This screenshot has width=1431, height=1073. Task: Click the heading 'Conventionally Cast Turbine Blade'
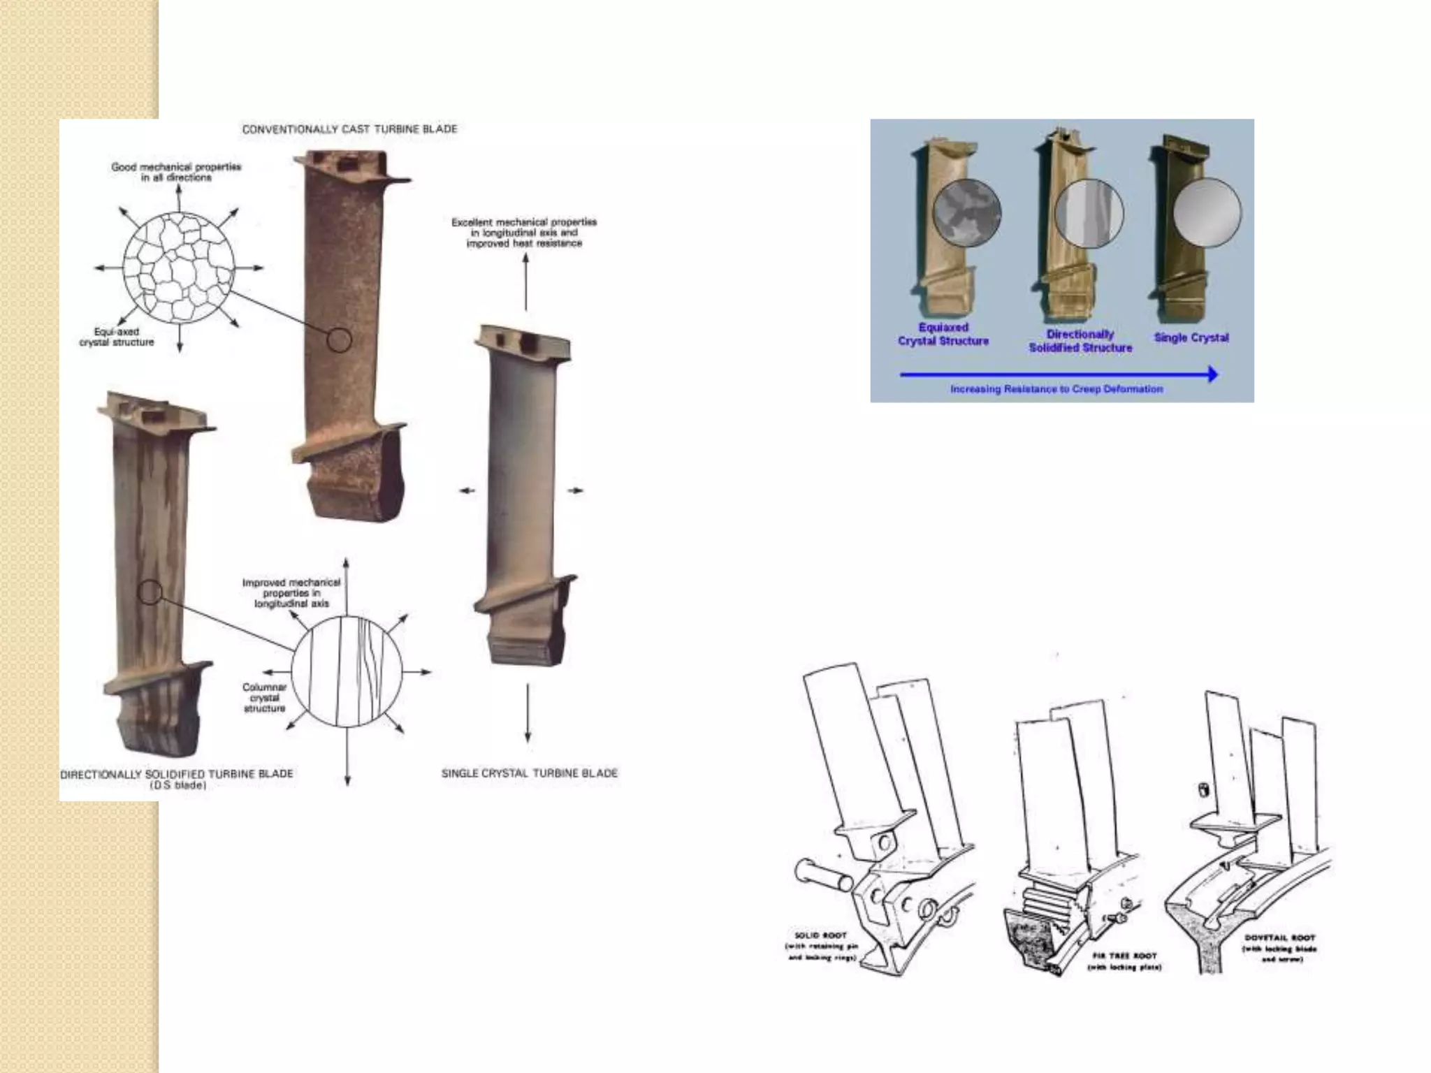tap(349, 129)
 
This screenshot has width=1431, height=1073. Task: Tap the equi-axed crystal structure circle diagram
tap(179, 268)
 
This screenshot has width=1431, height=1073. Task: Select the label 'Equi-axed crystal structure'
tap(117, 337)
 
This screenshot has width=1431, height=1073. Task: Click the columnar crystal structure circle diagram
tap(347, 672)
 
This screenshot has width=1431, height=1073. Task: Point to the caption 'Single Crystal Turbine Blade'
tap(529, 773)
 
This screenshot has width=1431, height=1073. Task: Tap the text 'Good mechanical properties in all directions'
tap(176, 172)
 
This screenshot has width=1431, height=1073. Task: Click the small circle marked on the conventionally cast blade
tap(340, 340)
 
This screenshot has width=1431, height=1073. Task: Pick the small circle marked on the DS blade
tap(150, 592)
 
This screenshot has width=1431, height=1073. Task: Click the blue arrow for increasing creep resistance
tap(1059, 374)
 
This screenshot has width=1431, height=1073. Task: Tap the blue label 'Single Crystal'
tap(1191, 337)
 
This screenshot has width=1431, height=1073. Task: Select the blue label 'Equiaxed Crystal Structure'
tap(943, 334)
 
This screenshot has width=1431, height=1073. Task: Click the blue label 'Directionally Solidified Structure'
tap(1080, 341)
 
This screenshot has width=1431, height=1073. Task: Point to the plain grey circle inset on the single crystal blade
tap(1207, 212)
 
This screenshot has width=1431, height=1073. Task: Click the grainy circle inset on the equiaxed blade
tap(967, 212)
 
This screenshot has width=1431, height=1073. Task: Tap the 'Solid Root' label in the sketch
tap(821, 935)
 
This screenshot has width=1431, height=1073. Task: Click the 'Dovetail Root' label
tap(1279, 938)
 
